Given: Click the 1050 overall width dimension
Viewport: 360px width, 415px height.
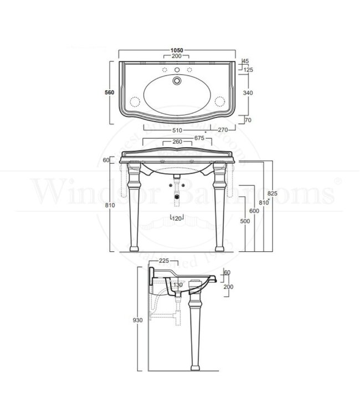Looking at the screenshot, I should click(177, 51).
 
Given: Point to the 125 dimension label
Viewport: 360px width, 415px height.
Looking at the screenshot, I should click(248, 70).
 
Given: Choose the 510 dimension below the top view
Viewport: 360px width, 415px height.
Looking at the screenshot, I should click(177, 131).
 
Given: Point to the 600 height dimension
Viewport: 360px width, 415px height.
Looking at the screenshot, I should click(253, 211).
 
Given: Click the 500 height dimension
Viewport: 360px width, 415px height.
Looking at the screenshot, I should click(244, 221).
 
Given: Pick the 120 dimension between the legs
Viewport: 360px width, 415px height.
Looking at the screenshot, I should click(177, 217).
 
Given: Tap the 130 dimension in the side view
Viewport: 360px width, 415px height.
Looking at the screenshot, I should click(177, 286).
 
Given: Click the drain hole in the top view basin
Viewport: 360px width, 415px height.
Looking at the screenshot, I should click(177, 81).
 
